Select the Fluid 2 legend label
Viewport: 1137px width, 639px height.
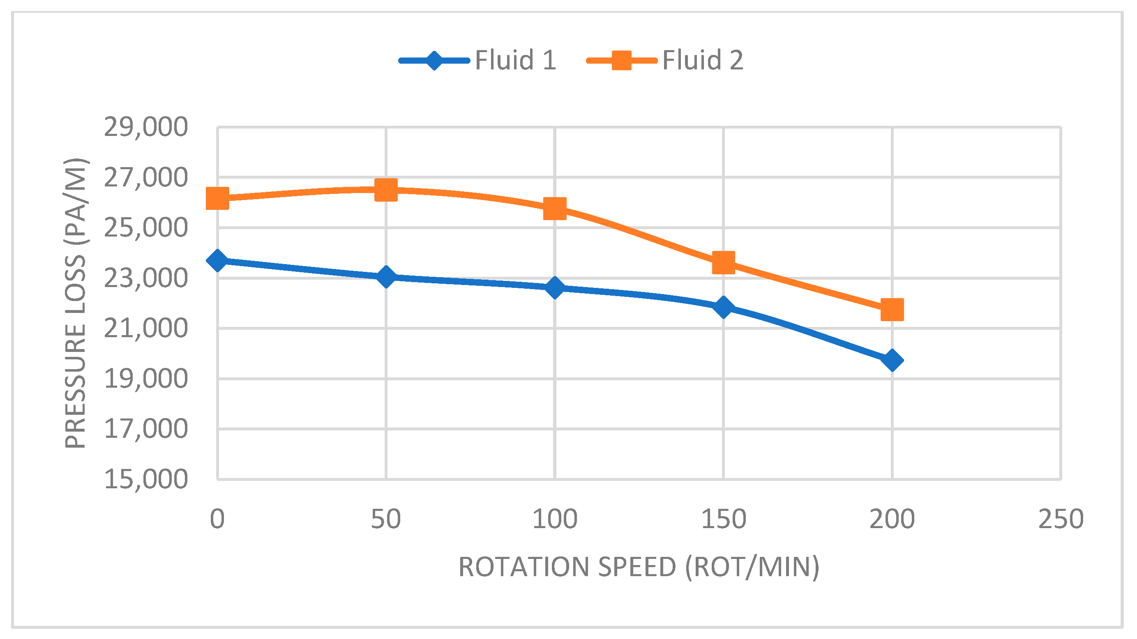(703, 60)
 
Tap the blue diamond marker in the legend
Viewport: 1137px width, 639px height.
(434, 60)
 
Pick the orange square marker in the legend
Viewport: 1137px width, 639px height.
(621, 60)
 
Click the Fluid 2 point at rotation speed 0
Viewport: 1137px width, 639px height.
(218, 198)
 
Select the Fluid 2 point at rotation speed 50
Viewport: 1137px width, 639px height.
(386, 190)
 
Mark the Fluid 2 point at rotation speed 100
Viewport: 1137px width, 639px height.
(555, 208)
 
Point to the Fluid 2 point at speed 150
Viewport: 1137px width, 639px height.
(724, 262)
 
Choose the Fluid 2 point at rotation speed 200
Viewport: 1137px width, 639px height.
(892, 309)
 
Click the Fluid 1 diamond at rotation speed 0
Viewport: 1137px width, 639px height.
(218, 260)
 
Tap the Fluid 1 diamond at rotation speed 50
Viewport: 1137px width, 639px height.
(386, 276)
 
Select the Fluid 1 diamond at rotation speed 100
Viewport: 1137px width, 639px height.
(555, 287)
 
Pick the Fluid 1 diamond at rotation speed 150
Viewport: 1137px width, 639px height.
(724, 306)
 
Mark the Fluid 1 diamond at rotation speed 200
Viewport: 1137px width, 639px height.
(892, 360)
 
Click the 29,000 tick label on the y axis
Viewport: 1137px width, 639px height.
(145, 127)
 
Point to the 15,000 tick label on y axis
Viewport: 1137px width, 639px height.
(145, 479)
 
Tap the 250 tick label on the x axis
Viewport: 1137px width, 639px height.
(1060, 519)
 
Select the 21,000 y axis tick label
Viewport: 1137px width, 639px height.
(145, 328)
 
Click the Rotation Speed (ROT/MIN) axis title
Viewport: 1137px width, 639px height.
(639, 567)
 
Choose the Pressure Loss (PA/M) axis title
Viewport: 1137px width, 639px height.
(76, 303)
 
